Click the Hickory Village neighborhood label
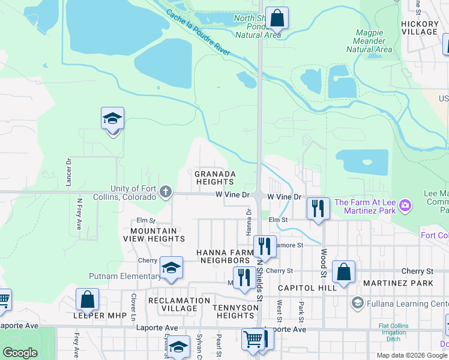coord(420,28)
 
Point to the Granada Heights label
coord(214,178)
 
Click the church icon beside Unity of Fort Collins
coord(166,193)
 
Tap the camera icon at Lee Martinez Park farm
coord(405,206)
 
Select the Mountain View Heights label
coord(154,235)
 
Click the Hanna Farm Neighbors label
coord(223,257)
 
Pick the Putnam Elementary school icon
coord(171,269)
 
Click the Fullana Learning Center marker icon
coord(358,302)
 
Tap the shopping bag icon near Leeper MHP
coord(88,299)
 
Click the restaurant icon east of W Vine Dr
coord(318,208)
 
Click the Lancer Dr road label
coord(69,170)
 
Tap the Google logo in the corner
coord(20,353)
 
